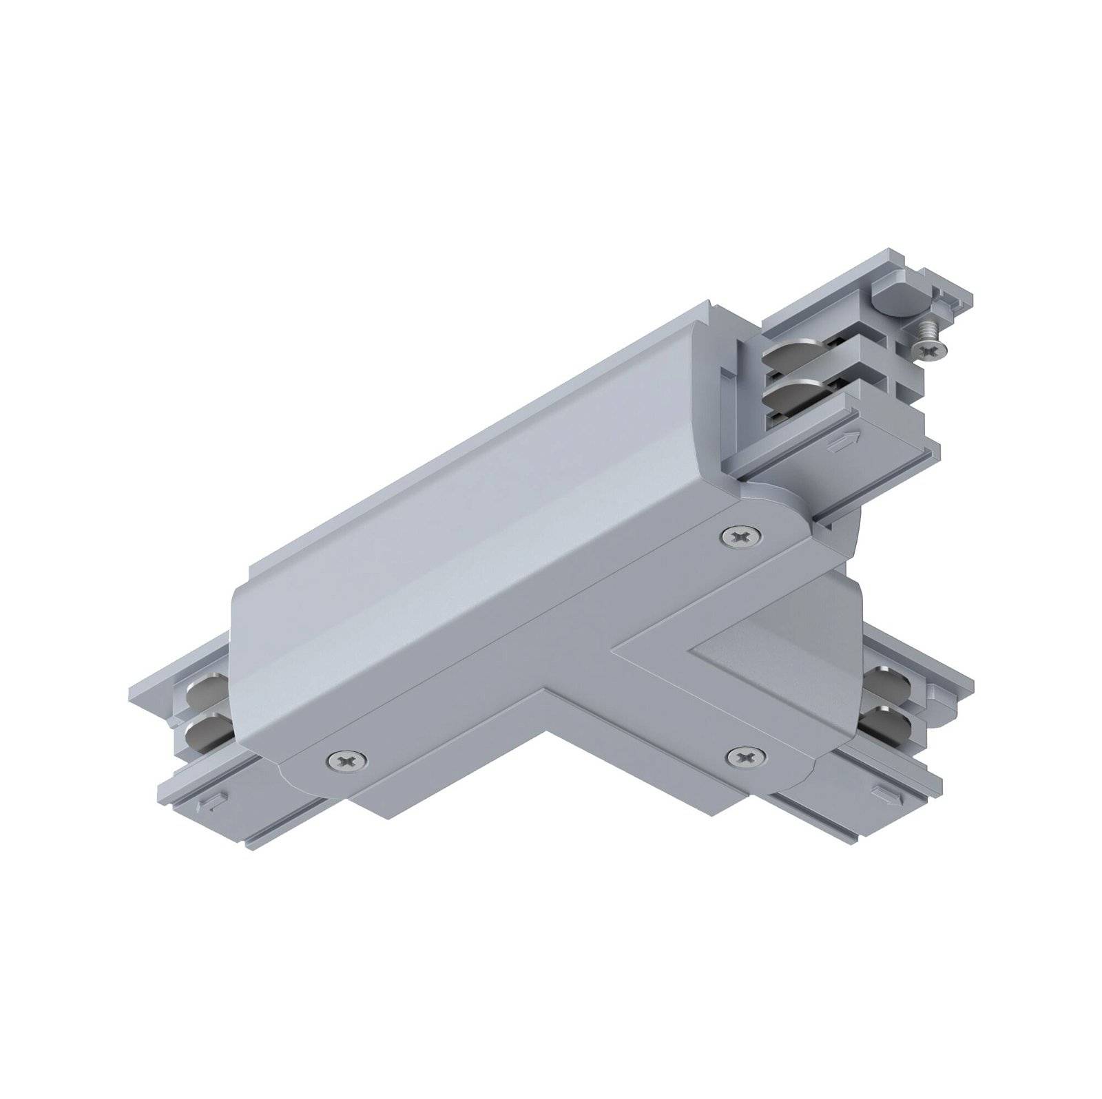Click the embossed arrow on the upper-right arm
point(844,439)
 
